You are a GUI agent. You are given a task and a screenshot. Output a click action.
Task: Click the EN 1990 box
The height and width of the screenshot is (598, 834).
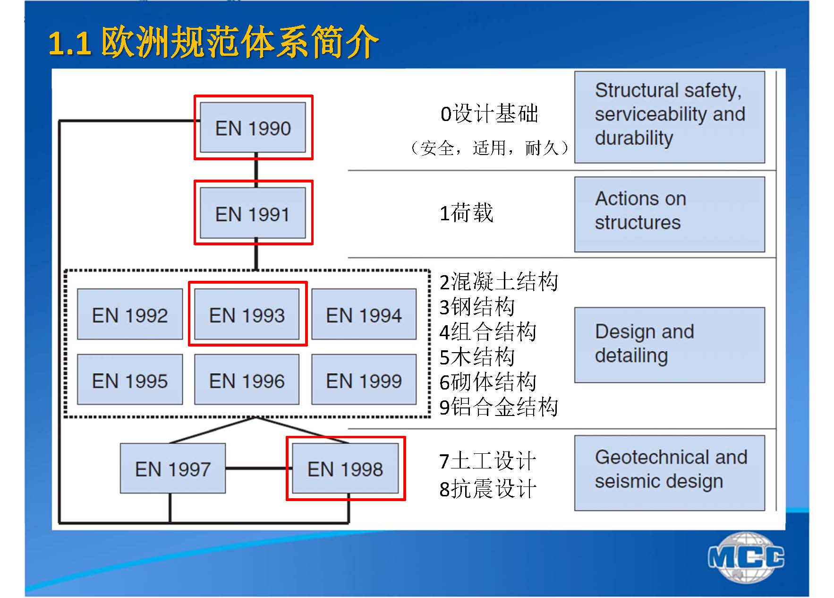(253, 128)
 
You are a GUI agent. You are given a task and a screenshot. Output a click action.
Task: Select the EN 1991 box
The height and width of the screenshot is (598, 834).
(253, 214)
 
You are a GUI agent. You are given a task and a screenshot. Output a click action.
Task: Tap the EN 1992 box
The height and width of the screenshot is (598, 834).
(130, 315)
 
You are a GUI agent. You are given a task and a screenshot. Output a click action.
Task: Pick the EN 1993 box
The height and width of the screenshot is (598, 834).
(247, 315)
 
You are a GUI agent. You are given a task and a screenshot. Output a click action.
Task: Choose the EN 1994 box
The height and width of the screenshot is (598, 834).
(364, 315)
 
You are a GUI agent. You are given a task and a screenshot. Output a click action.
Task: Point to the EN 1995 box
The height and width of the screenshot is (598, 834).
(130, 380)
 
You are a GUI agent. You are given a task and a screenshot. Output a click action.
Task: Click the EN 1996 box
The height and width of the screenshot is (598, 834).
(247, 380)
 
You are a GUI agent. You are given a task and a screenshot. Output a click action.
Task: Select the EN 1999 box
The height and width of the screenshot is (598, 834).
(364, 380)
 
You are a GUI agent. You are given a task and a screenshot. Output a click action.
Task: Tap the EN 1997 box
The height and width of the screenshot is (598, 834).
(173, 468)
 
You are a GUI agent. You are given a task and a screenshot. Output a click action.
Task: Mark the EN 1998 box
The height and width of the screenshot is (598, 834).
(345, 468)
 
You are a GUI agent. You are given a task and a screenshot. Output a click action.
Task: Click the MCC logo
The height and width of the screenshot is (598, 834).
(746, 557)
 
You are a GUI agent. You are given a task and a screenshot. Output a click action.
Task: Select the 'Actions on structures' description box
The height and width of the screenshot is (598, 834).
(669, 214)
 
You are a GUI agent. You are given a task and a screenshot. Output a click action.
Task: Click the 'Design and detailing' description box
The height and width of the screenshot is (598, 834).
(669, 345)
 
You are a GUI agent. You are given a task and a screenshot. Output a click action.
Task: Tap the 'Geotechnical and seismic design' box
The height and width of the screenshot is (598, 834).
(669, 473)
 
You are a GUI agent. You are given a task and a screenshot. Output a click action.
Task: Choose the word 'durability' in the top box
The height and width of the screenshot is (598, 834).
(634, 138)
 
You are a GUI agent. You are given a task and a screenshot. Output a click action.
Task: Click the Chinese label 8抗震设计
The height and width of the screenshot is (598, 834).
(488, 489)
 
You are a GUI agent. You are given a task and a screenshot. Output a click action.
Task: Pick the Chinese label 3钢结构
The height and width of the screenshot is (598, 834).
(477, 307)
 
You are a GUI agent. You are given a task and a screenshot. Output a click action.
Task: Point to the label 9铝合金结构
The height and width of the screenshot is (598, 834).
(499, 407)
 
